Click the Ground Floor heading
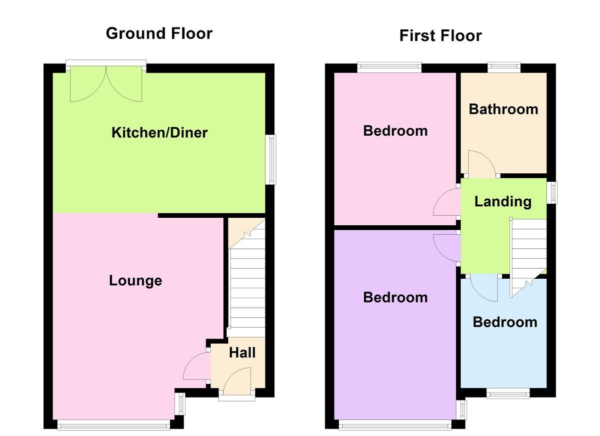point(159,33)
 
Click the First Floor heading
point(440,35)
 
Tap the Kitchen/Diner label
point(159,133)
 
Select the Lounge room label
point(135,281)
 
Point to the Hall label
point(242,353)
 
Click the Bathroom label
point(503,109)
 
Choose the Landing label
point(502,202)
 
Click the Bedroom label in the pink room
point(395,131)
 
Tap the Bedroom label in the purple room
point(395,298)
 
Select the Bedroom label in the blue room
point(505,322)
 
